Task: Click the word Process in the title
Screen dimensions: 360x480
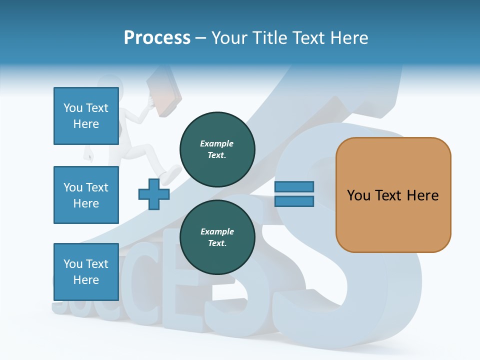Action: (x=157, y=38)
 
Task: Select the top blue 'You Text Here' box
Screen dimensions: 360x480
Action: (x=86, y=116)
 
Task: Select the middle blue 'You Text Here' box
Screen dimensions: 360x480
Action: (x=86, y=195)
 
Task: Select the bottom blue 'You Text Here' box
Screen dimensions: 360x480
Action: (x=86, y=271)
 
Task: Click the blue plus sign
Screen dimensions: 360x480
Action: (x=154, y=194)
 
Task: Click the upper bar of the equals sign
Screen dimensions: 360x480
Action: (x=294, y=186)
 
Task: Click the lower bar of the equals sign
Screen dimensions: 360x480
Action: (x=294, y=201)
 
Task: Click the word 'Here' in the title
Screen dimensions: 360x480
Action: (x=350, y=38)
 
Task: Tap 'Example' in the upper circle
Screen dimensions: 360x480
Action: (x=216, y=143)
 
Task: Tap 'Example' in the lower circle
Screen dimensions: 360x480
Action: (x=217, y=231)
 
